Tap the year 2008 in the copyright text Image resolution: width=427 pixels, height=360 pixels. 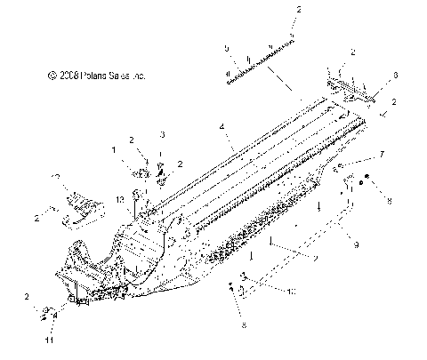(x=70, y=76)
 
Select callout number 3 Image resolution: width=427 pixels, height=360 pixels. (x=162, y=133)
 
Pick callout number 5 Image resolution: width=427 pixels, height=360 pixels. (x=228, y=48)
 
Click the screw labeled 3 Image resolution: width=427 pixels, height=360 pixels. (x=162, y=168)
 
